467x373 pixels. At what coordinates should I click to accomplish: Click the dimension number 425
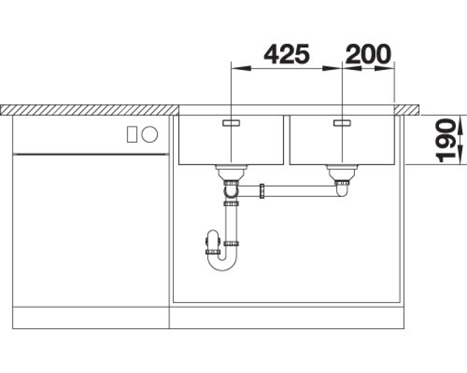pos(287,54)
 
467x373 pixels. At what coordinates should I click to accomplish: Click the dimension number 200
pos(368,54)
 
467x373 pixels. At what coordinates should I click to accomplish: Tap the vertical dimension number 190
pos(445,140)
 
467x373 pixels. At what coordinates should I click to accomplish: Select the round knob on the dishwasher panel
pos(149,134)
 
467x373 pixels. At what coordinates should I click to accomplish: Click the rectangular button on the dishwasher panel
pos(132,134)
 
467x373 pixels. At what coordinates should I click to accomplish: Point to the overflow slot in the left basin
pos(231,123)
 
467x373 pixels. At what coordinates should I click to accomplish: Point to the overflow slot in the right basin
pos(342,123)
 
